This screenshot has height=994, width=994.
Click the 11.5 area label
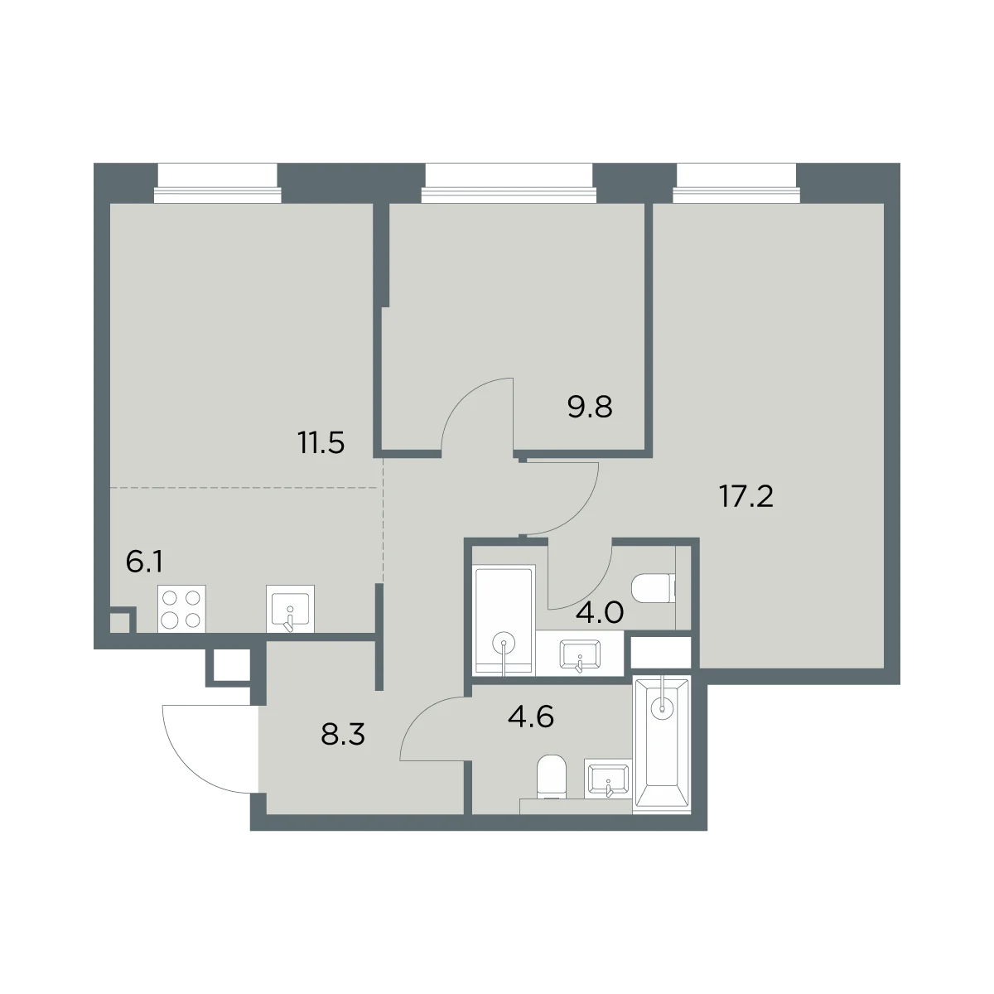[x=321, y=443]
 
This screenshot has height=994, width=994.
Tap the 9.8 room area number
[x=590, y=407]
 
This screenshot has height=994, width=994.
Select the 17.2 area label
[x=746, y=497]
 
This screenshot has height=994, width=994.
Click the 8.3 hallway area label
[x=343, y=735]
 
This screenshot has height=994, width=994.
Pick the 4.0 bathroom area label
[x=600, y=613]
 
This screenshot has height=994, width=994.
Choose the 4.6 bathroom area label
[x=531, y=717]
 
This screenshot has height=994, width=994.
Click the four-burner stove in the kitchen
[x=181, y=609]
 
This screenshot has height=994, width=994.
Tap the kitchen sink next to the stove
[x=290, y=609]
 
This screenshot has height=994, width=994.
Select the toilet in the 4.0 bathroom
[x=653, y=589]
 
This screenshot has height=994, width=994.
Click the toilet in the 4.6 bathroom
[x=552, y=777]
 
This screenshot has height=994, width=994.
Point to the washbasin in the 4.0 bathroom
[x=579, y=655]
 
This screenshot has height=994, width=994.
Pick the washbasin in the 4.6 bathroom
[x=608, y=779]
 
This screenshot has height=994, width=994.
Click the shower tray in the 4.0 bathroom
[x=504, y=620]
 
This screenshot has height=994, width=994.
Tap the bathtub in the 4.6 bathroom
[x=663, y=745]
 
